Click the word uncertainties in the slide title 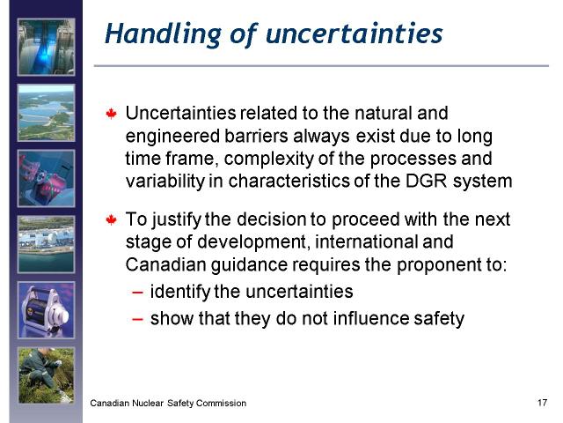(x=355, y=33)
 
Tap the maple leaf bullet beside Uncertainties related (x=112, y=114)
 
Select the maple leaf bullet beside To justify (x=112, y=219)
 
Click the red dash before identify (x=137, y=292)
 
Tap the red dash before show (x=137, y=319)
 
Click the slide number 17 (x=542, y=403)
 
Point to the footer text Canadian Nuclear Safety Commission (x=168, y=404)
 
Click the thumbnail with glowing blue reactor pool (x=47, y=47)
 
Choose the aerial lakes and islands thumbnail (x=47, y=113)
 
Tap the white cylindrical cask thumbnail (x=47, y=310)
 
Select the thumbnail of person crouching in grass (x=47, y=375)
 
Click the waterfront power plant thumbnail (x=47, y=244)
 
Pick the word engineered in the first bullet (x=172, y=137)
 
